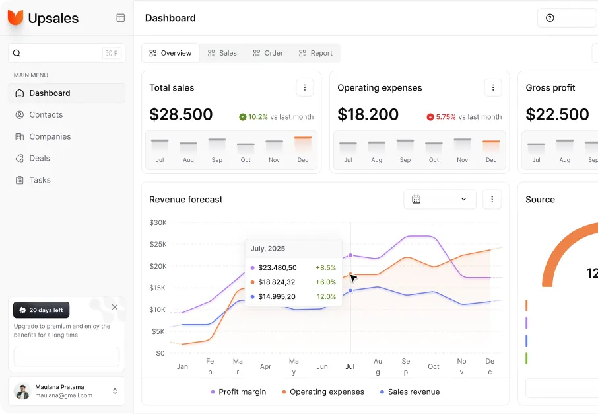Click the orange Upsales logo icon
click(x=15, y=18)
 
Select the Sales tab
click(x=222, y=53)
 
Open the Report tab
click(x=316, y=53)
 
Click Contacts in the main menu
click(x=46, y=115)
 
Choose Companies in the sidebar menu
click(x=50, y=137)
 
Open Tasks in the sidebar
click(x=40, y=180)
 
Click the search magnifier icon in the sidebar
click(x=17, y=54)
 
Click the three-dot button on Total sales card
click(x=304, y=87)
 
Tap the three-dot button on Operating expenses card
click(x=492, y=87)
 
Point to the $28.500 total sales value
click(x=181, y=114)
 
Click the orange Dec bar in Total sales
click(x=303, y=139)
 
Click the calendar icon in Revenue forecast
click(x=416, y=199)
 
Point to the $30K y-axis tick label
click(x=158, y=222)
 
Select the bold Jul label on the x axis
click(x=350, y=366)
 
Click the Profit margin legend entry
click(x=238, y=392)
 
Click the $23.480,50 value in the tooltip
click(x=277, y=268)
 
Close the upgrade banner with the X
click(x=115, y=307)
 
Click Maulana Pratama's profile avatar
click(x=22, y=392)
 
